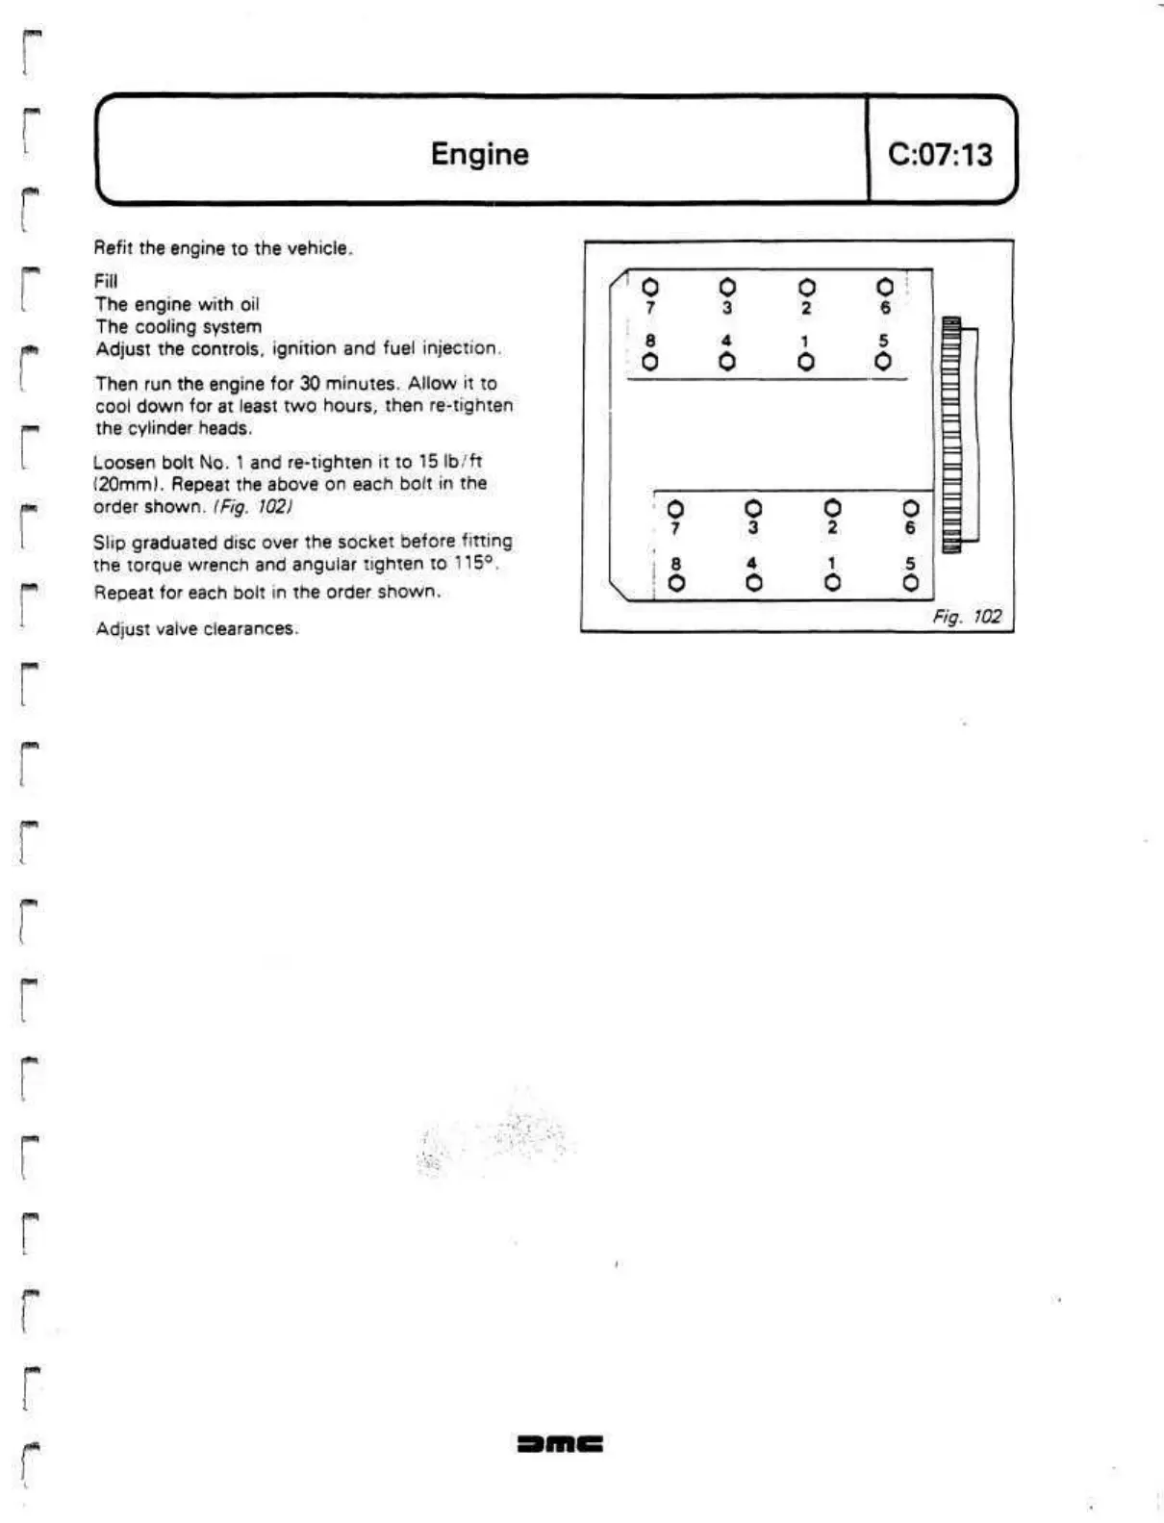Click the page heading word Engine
point(479,154)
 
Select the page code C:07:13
point(940,154)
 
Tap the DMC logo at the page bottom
point(560,1443)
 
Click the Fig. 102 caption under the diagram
point(967,617)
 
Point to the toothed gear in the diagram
point(952,434)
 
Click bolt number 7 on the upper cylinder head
point(650,287)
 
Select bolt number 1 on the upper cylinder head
point(806,362)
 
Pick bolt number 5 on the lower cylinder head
point(911,583)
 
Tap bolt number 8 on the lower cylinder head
point(676,583)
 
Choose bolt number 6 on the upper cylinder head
point(885,287)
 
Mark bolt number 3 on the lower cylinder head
point(753,507)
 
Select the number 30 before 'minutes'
point(311,383)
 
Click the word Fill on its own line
point(105,281)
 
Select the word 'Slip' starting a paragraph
point(109,542)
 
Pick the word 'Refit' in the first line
point(114,248)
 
